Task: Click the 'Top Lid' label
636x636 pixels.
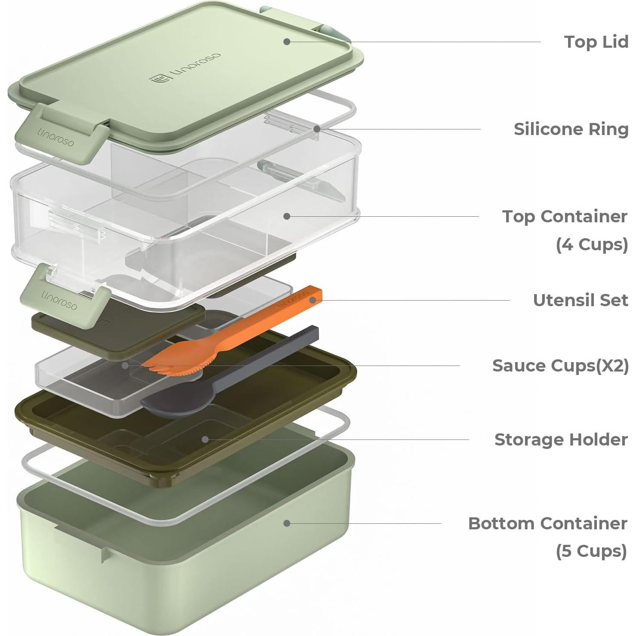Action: [x=596, y=42]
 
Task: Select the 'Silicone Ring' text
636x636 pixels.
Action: [x=571, y=129]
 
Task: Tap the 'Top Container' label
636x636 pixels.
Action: [x=565, y=216]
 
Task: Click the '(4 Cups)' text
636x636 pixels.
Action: [x=592, y=244]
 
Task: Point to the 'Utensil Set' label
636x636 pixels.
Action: [x=581, y=300]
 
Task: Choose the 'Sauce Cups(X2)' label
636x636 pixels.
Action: [x=560, y=366]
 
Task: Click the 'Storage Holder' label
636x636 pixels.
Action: [x=561, y=439]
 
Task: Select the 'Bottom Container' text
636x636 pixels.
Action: [x=547, y=523]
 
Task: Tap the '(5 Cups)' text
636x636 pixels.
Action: [x=592, y=551]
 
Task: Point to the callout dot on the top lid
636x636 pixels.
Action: [x=287, y=41]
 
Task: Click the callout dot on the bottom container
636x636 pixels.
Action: [x=287, y=523]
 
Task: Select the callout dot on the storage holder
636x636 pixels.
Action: [x=206, y=439]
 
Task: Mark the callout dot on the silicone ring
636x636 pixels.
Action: [x=316, y=129]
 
